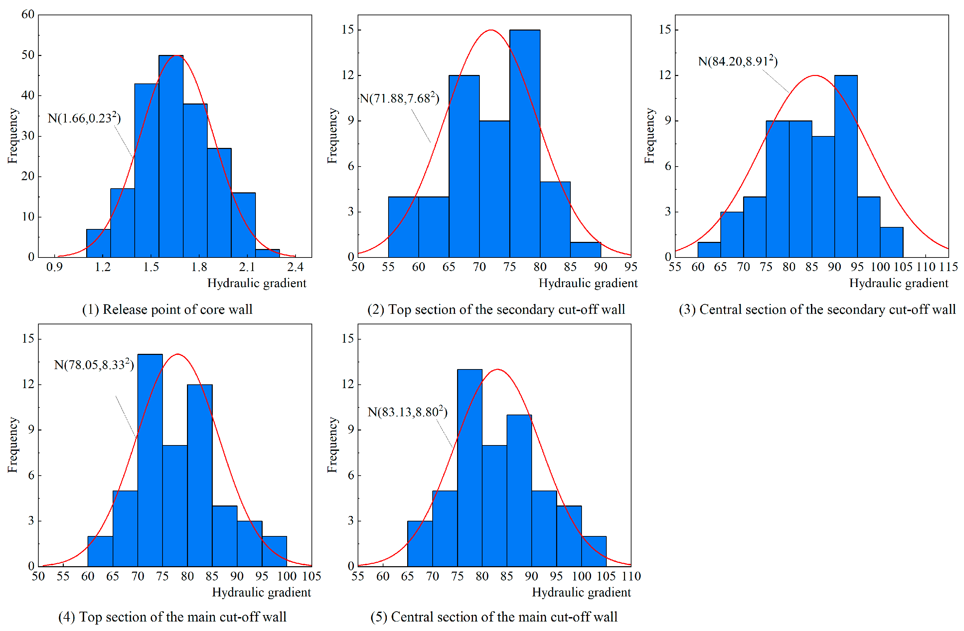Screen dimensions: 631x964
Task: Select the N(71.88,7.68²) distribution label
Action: tap(399, 98)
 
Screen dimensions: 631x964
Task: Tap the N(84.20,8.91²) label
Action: tap(738, 61)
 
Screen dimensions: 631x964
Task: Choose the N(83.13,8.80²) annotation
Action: tap(407, 412)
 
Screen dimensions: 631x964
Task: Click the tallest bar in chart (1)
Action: tap(171, 156)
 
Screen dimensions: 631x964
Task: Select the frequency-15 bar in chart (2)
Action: tap(525, 144)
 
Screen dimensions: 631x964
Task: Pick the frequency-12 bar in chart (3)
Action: tap(846, 166)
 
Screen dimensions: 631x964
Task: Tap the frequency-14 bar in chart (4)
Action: tap(150, 460)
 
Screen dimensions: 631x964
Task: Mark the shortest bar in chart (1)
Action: tap(267, 253)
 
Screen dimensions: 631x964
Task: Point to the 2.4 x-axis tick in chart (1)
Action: tap(295, 267)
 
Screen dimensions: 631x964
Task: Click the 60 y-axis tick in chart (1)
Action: tap(28, 15)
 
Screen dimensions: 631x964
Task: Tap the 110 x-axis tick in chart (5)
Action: tap(631, 576)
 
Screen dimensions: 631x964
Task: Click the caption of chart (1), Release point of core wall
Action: tap(167, 309)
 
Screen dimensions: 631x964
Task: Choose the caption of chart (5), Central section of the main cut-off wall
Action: tap(494, 617)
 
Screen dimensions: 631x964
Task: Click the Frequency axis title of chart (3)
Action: tap(649, 136)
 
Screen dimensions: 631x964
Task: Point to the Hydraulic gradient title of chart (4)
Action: tap(261, 592)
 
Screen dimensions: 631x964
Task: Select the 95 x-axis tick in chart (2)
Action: tap(631, 267)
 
